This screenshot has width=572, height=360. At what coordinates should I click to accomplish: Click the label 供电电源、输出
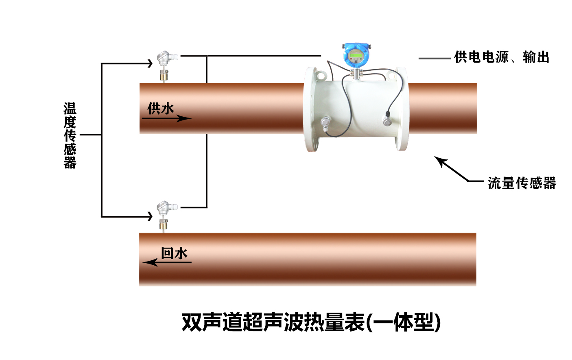(502, 57)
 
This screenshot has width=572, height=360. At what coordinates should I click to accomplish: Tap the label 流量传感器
(522, 183)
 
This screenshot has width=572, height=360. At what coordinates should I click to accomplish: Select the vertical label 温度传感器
(70, 135)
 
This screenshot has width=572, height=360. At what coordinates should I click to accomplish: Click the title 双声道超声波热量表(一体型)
(311, 323)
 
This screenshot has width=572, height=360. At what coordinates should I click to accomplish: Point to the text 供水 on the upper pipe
(161, 109)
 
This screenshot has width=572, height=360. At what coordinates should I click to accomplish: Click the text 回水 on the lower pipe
(174, 253)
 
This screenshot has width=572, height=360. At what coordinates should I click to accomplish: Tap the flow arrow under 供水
(166, 118)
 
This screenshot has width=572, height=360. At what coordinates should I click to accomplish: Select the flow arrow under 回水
(167, 262)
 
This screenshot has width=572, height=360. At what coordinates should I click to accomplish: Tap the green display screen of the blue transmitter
(355, 55)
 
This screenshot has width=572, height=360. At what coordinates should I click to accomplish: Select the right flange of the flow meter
(402, 109)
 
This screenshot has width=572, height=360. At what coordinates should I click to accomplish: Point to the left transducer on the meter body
(325, 122)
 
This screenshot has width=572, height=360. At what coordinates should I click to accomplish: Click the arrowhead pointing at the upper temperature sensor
(149, 63)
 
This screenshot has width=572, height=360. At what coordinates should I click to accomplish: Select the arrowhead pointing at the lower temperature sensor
(149, 216)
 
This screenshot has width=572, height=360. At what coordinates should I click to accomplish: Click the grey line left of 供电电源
(434, 59)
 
